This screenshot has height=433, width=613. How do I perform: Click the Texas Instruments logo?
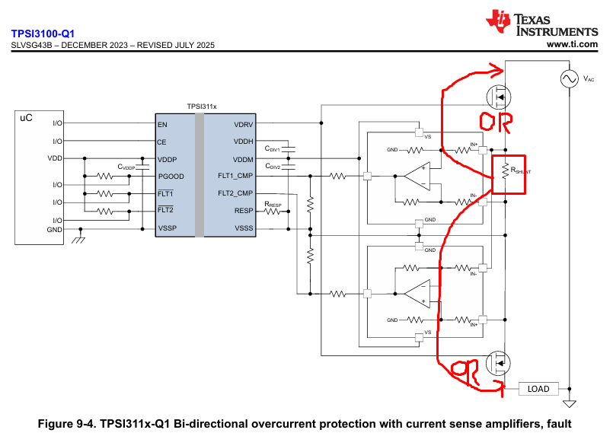pos(542,24)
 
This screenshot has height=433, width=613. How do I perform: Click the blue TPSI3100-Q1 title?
pos(43,33)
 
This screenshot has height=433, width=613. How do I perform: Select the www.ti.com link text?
pos(572,44)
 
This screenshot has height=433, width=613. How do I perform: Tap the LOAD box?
pos(538,389)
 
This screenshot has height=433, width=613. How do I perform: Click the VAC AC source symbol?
pos(570,78)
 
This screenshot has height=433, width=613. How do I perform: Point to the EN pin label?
pos(162,125)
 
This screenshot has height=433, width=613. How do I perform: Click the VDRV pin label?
pos(244,125)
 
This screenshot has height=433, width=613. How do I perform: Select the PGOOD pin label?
pos(171,177)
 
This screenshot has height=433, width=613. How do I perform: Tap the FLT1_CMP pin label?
pos(235,176)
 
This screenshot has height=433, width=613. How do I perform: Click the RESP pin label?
pos(244,211)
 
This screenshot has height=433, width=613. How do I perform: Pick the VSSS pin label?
pos(244,228)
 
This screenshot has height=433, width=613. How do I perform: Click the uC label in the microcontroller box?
pos(26,118)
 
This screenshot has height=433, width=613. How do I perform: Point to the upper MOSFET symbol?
pos(499,97)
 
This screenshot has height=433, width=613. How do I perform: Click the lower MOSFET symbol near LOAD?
pos(498,363)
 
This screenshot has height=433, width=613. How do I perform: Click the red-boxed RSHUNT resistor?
pos(505,171)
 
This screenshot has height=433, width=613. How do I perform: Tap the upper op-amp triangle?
pos(417,176)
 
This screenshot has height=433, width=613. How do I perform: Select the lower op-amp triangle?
pos(417,294)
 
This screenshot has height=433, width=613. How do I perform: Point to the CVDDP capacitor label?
pos(126,167)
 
